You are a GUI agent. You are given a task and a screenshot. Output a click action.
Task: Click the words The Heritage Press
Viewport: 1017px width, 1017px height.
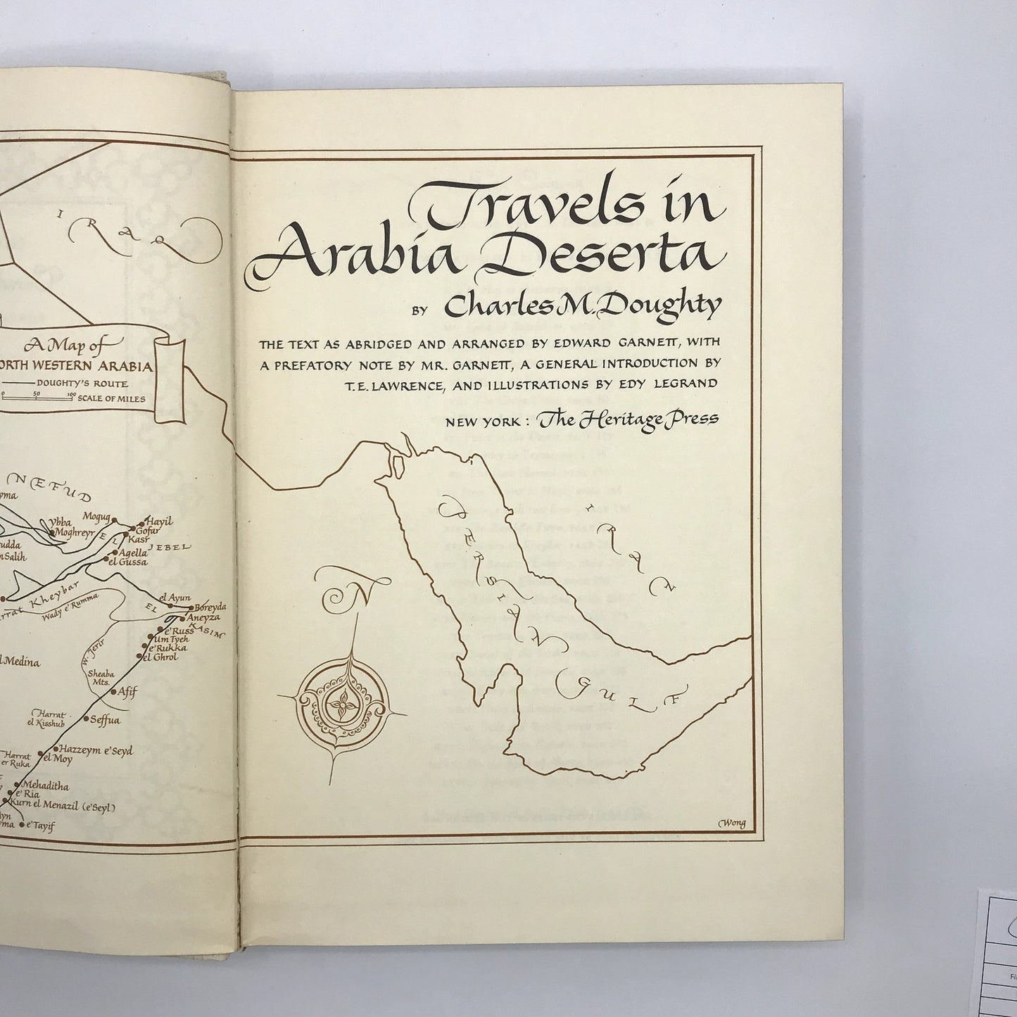tap(627, 418)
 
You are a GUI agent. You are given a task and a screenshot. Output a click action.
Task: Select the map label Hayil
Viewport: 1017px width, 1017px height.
tap(158, 522)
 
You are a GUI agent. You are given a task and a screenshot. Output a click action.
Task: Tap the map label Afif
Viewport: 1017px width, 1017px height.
tap(127, 690)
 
